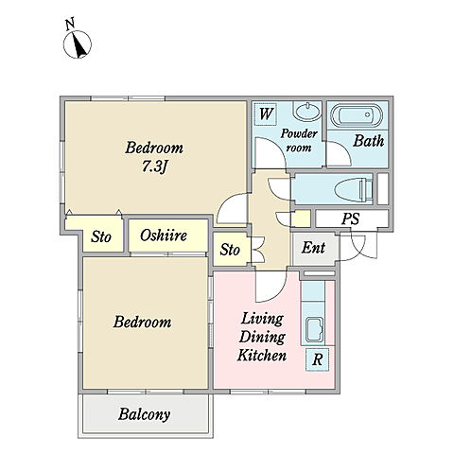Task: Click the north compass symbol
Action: click(x=78, y=44)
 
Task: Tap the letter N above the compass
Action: click(x=70, y=25)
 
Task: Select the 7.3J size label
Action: click(x=154, y=166)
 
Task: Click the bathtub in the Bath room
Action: click(x=357, y=114)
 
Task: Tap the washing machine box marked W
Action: click(x=266, y=113)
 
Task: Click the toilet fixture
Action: click(x=355, y=189)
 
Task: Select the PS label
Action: click(x=351, y=218)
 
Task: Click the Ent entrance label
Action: click(x=313, y=248)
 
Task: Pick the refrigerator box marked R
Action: click(x=317, y=359)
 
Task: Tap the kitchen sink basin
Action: click(x=314, y=329)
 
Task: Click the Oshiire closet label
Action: click(x=164, y=236)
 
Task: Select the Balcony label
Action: click(x=145, y=414)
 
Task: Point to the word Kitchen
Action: click(x=262, y=356)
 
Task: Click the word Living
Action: click(x=262, y=319)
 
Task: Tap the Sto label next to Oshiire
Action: click(x=101, y=236)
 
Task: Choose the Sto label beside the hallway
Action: click(x=230, y=250)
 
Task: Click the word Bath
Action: click(x=369, y=141)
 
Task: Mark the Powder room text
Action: click(x=299, y=141)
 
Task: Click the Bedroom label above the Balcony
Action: click(x=143, y=322)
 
